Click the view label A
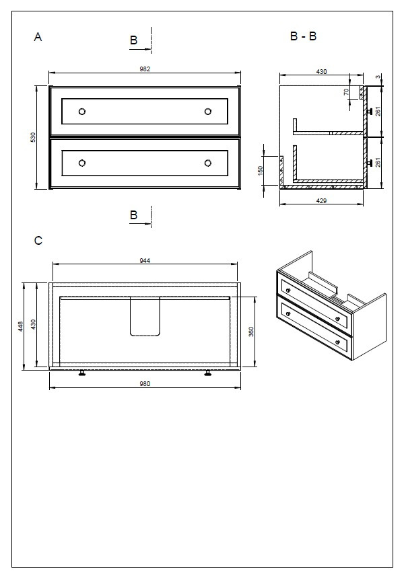38,38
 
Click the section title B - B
303,36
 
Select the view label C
38,240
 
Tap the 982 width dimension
144,69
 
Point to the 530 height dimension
32,137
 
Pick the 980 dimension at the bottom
144,384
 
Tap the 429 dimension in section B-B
321,201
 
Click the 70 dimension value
346,92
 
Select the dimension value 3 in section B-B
378,77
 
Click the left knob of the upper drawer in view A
82,112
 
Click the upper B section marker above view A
133,41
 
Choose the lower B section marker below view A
133,215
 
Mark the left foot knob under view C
82,373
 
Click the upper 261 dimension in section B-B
379,111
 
